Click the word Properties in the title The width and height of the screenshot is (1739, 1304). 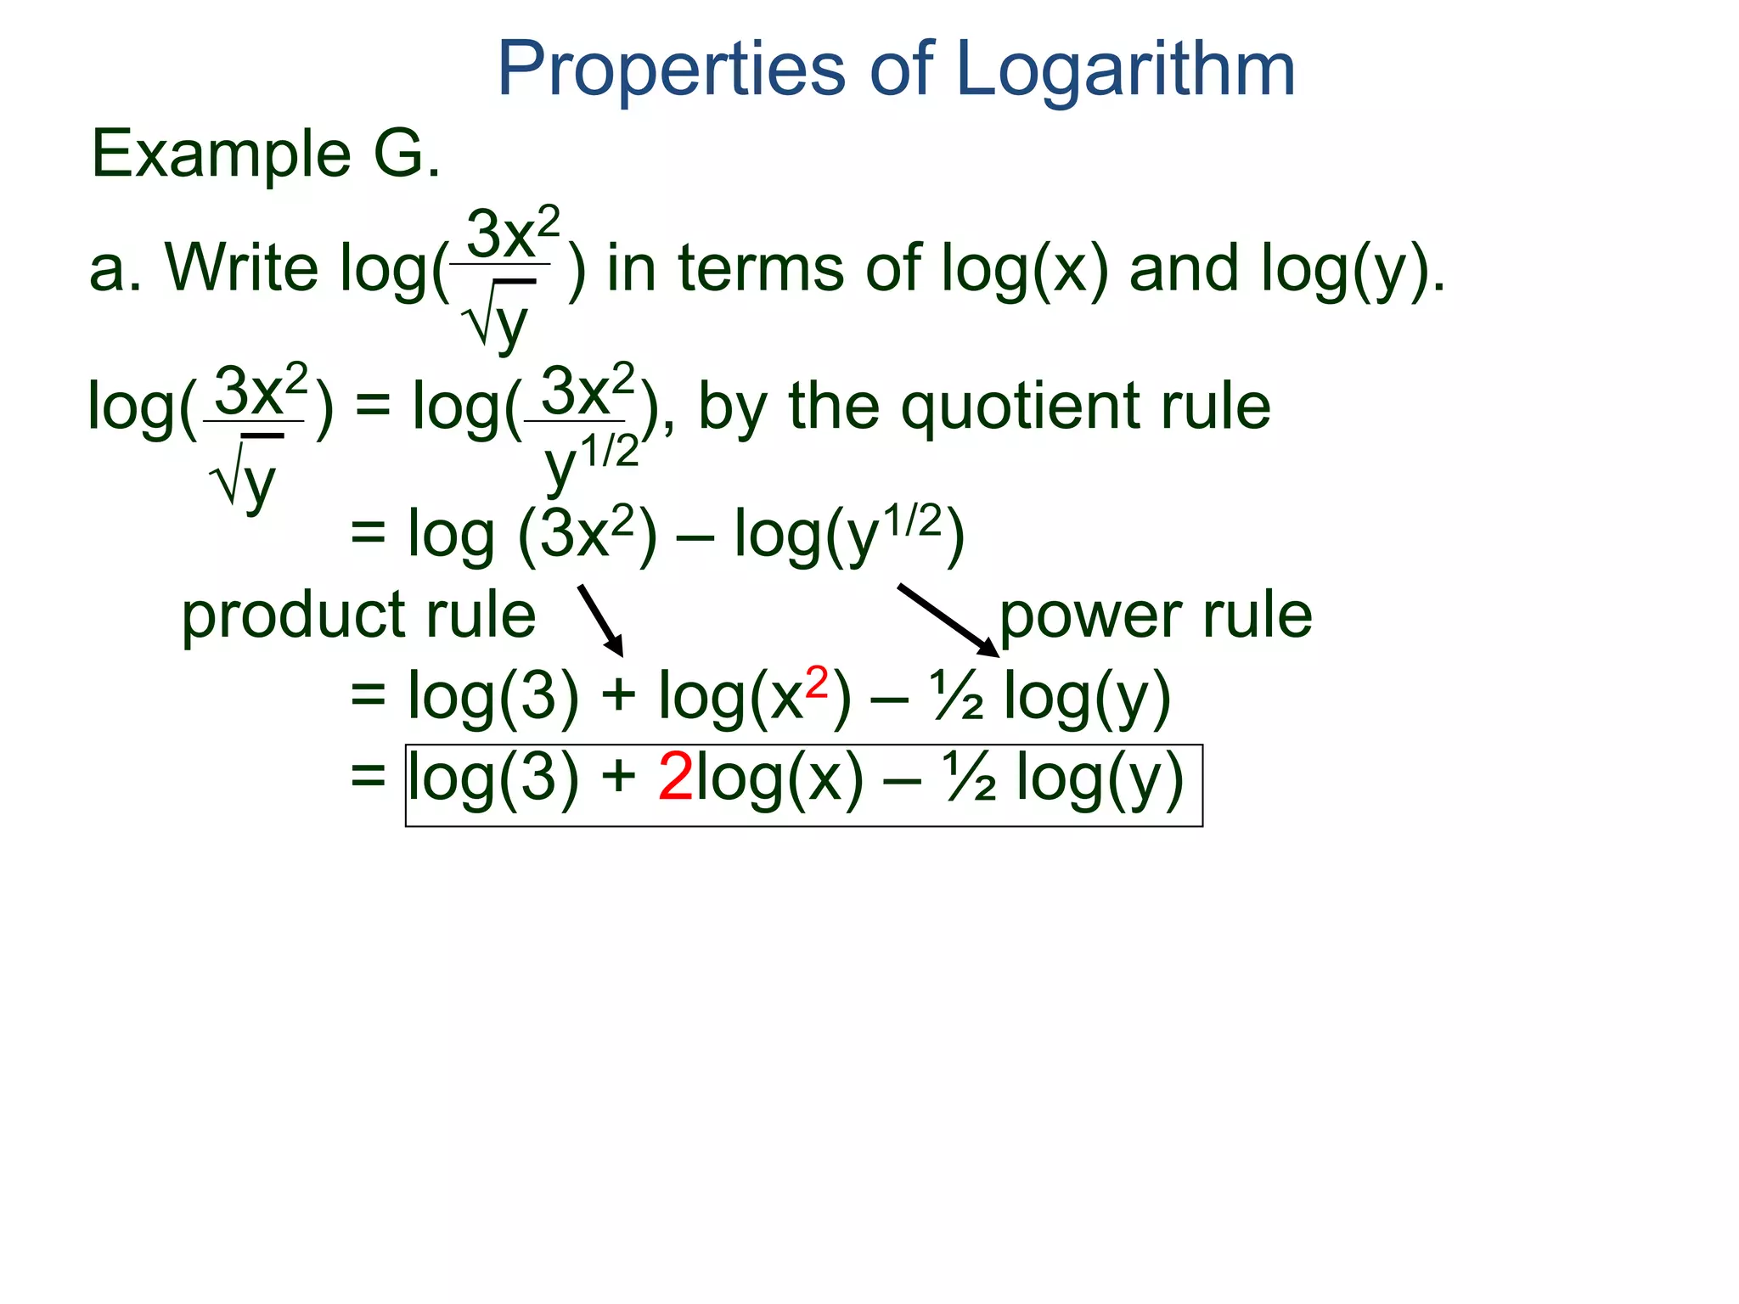point(671,70)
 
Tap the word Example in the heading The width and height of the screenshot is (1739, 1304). point(221,155)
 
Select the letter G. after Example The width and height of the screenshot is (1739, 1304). point(407,154)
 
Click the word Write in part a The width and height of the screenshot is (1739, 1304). point(241,268)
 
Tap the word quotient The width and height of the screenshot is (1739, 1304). point(1020,407)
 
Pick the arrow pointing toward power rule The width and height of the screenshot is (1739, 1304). point(948,621)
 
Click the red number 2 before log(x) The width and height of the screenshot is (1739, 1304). point(676,777)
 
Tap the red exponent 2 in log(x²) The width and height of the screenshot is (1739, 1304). point(816,683)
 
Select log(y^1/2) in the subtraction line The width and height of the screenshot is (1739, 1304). point(849,534)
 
